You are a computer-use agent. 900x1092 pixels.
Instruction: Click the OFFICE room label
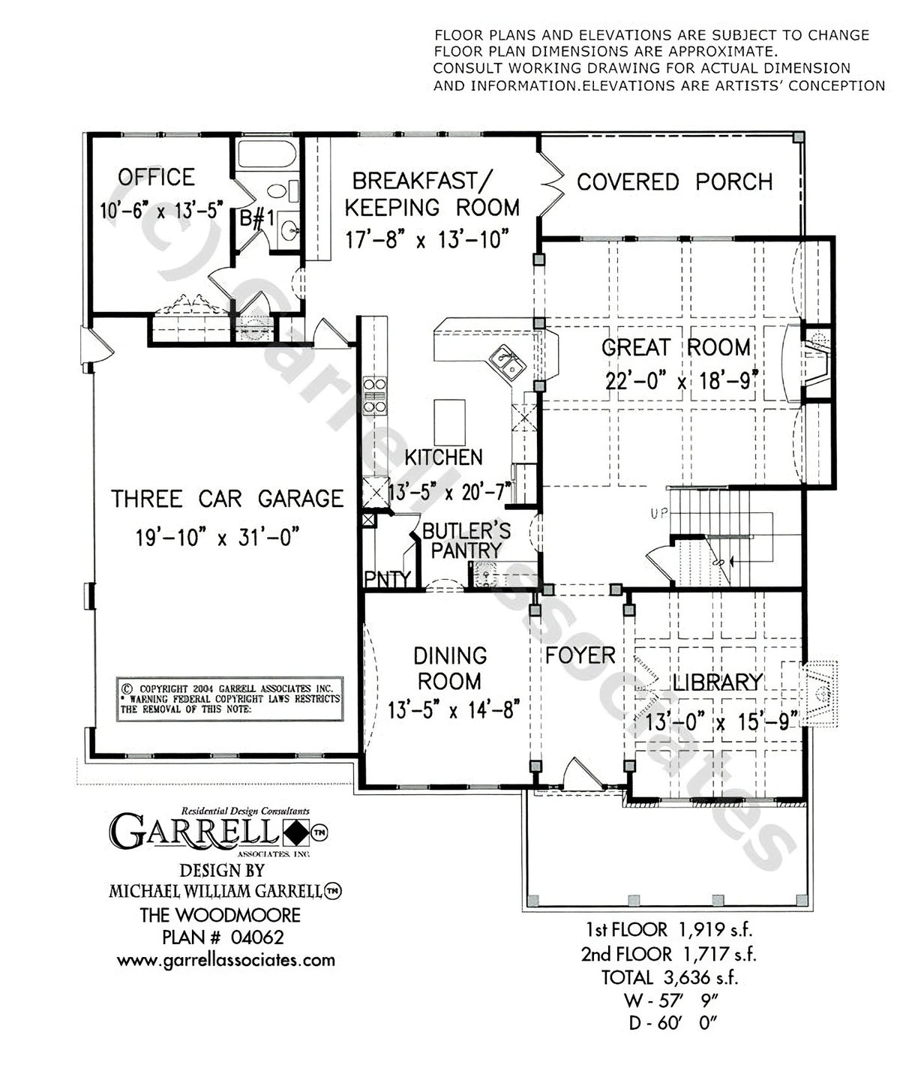click(x=156, y=178)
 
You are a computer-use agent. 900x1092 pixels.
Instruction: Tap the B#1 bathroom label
click(x=255, y=219)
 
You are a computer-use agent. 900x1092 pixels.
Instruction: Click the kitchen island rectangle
click(x=448, y=422)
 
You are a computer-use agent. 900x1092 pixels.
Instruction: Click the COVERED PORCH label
click(x=674, y=182)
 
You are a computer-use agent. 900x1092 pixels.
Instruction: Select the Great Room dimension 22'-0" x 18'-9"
click(x=677, y=380)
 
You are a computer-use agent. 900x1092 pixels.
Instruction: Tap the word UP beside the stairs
click(x=659, y=514)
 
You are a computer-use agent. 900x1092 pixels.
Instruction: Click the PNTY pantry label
click(x=387, y=579)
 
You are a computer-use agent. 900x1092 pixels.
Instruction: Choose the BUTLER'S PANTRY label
click(x=466, y=541)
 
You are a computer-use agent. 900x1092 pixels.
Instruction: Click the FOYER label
click(x=580, y=655)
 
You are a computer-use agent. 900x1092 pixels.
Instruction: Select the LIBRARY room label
click(x=717, y=682)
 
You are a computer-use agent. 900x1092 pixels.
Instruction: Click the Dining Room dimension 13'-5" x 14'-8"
click(x=450, y=709)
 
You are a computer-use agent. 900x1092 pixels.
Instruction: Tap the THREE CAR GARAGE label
click(x=227, y=499)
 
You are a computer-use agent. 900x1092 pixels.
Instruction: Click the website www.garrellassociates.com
click(x=226, y=960)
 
